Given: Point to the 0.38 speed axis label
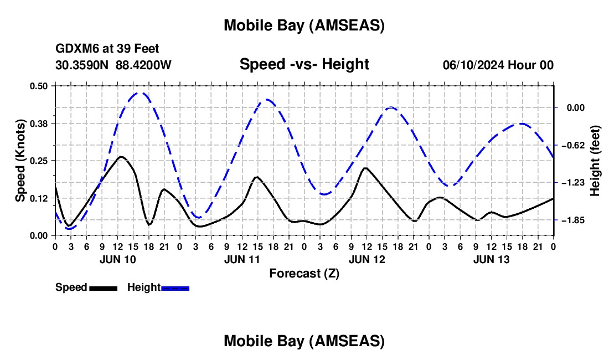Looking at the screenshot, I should point(39,123).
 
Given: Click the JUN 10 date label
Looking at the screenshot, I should point(117,259).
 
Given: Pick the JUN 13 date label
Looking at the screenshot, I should point(491,259).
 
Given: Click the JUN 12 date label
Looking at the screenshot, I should point(367,259).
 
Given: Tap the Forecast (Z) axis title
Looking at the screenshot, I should point(304,273).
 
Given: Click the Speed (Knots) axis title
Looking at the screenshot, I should point(20,161).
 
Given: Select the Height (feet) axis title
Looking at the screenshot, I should point(595,161).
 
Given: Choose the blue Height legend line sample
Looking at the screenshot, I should point(175,287).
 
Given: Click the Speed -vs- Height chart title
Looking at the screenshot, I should point(304,64).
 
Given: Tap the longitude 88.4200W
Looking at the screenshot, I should point(144,65).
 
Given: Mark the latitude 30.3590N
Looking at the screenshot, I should point(83,65).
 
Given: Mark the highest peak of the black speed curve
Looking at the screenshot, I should point(121,157).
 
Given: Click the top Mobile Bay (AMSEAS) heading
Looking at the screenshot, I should point(304,25).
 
